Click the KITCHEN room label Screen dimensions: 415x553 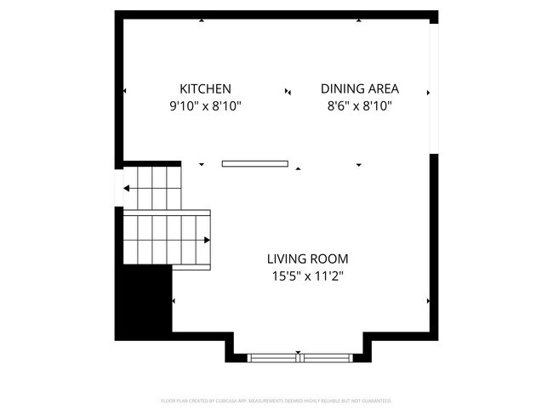(205, 88)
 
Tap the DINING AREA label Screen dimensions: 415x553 (359, 88)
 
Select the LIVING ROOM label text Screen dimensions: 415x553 (307, 259)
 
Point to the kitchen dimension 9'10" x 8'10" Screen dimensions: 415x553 (205, 107)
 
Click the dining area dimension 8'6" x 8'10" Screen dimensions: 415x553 (359, 107)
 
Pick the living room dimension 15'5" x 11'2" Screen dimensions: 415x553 (307, 276)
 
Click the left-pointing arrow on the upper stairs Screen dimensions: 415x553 (128, 189)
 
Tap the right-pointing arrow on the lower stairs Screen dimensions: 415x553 (206, 240)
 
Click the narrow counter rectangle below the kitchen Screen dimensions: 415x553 (254, 163)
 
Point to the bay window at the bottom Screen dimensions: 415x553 (298, 357)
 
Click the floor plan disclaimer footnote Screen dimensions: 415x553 (276, 401)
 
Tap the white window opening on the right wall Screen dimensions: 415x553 (434, 88)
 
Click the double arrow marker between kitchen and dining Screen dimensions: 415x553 (288, 91)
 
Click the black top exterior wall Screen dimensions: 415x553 (276, 14)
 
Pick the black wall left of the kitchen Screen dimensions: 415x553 (120, 88)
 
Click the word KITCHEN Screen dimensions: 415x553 (205, 88)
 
